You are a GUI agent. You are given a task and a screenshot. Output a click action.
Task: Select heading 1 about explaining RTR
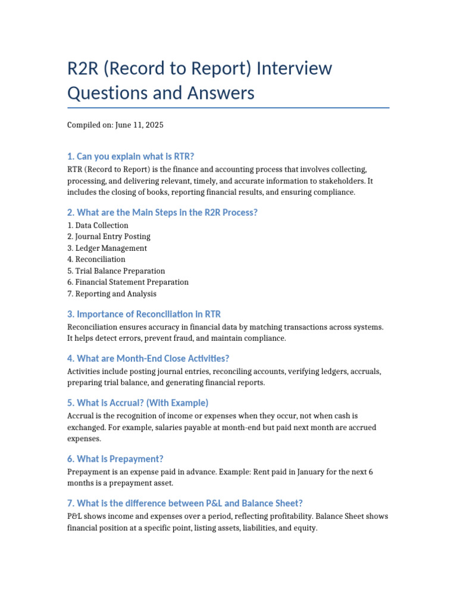pos(131,157)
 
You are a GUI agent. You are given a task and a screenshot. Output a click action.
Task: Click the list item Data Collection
pos(98,225)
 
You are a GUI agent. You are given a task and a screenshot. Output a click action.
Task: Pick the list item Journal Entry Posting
pos(109,236)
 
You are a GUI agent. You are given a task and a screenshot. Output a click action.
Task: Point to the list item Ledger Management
pos(107,248)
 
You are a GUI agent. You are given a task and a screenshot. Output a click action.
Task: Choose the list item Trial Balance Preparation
pos(116,271)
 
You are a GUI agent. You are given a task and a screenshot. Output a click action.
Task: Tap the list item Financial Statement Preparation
pos(128,282)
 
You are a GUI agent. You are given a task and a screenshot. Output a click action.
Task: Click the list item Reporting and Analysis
pos(112,294)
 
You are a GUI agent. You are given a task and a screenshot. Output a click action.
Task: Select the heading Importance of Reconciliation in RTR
pos(144,314)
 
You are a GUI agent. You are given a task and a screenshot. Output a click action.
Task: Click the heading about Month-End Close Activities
pos(148,358)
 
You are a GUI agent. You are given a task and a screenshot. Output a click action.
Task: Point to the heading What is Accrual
pos(137,403)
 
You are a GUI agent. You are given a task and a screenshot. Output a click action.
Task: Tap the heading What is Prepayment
pos(115,459)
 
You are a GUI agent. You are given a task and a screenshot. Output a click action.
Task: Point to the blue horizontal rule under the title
pos(228,108)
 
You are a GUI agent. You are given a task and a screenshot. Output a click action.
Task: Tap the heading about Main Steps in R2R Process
pos(162,213)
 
